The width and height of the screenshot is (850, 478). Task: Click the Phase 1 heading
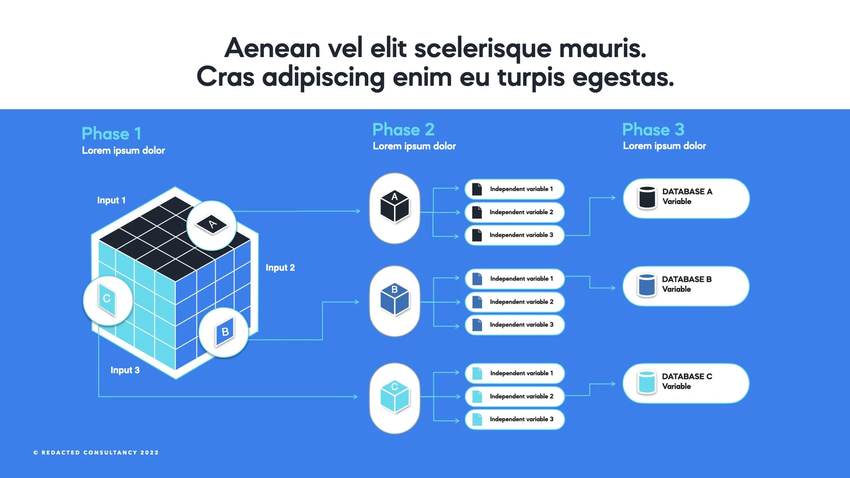coord(112,134)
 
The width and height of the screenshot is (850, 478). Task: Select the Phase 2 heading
coord(403,130)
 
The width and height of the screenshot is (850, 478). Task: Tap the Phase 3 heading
coord(653,130)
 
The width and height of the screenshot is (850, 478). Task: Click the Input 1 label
coord(111,200)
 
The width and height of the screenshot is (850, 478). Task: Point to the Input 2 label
coord(280,268)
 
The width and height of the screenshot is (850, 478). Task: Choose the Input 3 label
coord(125,370)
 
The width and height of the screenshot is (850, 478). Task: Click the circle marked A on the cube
coord(212,225)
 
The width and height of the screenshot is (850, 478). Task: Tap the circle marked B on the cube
coord(224,332)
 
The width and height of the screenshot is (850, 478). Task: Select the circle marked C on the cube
coord(108,301)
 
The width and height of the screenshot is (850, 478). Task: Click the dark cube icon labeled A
coord(394,207)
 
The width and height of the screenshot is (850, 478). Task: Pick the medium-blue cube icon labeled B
coord(394,300)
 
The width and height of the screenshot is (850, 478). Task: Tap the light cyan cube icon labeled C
coord(394,397)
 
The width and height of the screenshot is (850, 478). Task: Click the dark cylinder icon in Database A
coord(647,197)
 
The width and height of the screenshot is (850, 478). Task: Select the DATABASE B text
coord(687,279)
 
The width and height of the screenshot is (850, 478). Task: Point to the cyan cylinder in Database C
coord(647,382)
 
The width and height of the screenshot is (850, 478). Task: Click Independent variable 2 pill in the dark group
coord(514,212)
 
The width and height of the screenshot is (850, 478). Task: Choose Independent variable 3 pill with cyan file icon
coord(514,419)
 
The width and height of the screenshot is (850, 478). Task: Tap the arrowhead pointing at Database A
coord(613,198)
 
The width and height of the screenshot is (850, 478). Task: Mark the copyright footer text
coord(96,452)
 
